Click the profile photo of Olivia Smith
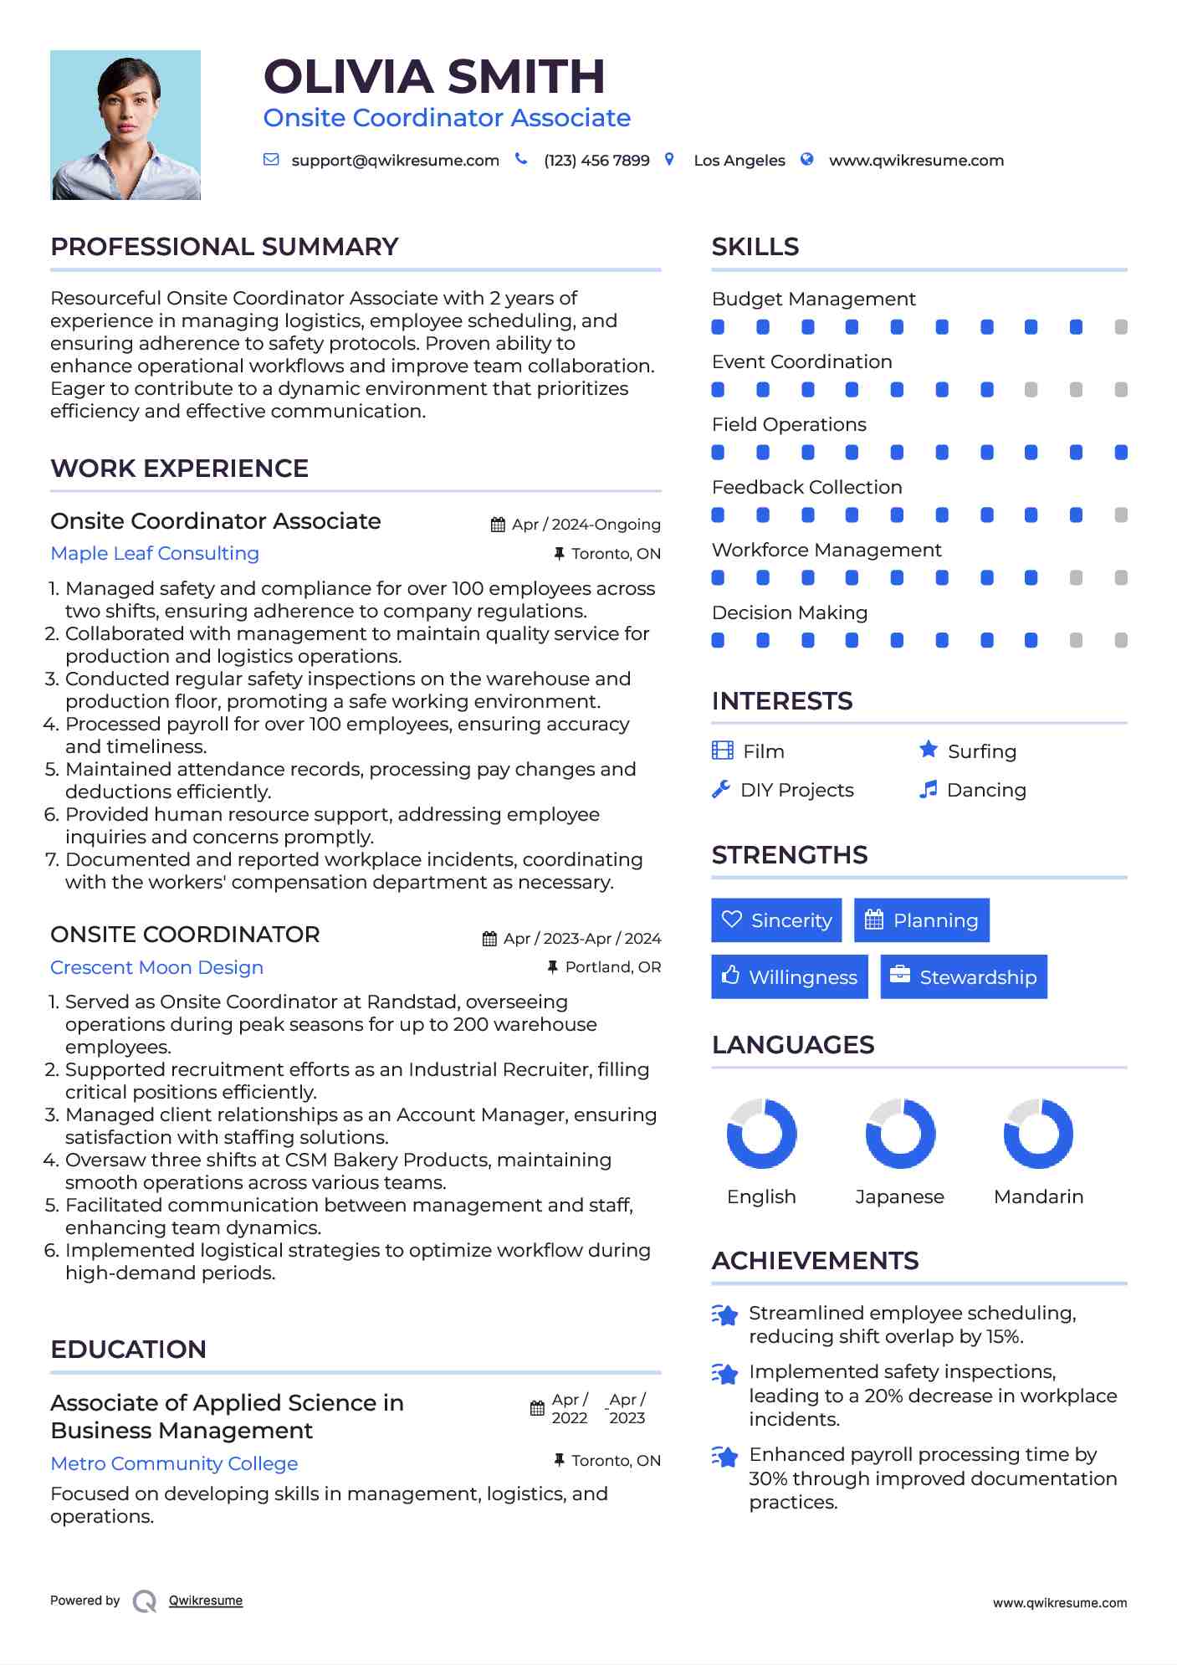125,125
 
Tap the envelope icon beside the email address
271,159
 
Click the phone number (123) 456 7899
596,161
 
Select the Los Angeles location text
739,161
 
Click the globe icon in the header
806,159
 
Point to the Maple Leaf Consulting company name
155,554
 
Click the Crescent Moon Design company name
156,968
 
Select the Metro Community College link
174,1464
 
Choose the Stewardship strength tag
964,977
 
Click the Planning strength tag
921,920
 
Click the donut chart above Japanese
900,1134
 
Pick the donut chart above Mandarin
1038,1134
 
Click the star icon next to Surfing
929,750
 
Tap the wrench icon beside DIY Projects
720,789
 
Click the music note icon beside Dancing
928,789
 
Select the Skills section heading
755,247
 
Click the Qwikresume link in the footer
205,1601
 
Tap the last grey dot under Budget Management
1121,327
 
